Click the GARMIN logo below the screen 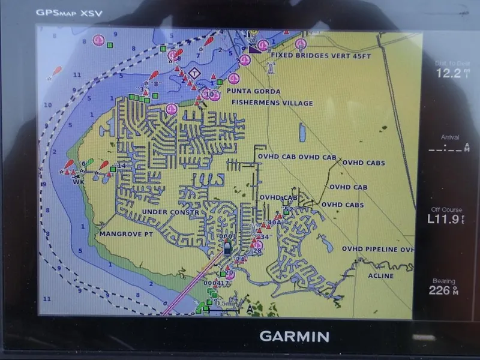(293, 336)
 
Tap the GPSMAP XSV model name (65, 12)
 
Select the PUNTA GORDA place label (253, 91)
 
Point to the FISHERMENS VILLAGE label (272, 103)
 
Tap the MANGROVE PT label (126, 233)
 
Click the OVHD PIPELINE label (377, 248)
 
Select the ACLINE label (380, 276)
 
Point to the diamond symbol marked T (194, 73)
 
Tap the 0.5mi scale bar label (226, 303)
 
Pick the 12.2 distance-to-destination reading (449, 73)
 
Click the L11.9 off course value (446, 219)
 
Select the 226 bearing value (440, 290)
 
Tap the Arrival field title (450, 137)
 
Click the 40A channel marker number (274, 222)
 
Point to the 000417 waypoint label (217, 283)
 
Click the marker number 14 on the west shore (122, 165)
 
